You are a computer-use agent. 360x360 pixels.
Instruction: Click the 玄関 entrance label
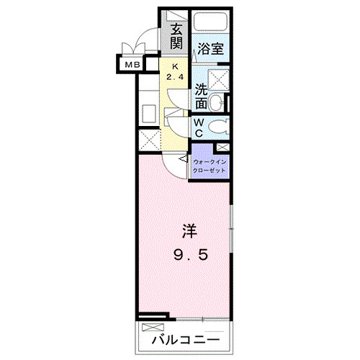(176, 37)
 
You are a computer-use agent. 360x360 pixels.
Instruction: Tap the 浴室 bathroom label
(211, 50)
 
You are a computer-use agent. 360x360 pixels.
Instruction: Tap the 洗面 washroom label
(202, 96)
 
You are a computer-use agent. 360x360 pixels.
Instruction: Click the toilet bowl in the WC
(219, 128)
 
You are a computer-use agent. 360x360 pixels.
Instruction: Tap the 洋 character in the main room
(189, 232)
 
